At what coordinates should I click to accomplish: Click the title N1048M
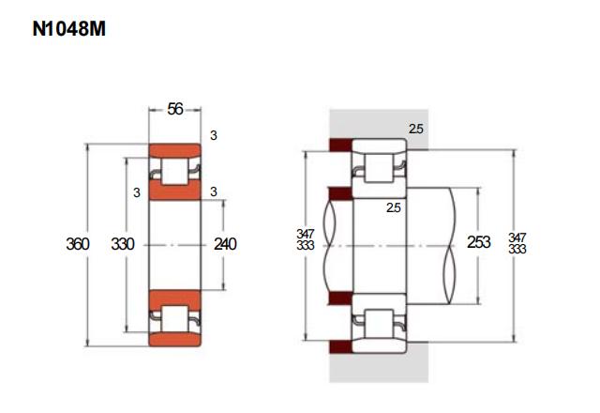[68, 29]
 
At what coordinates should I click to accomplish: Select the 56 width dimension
[175, 109]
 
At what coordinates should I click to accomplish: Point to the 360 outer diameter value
[78, 244]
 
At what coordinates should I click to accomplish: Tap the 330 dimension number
[123, 244]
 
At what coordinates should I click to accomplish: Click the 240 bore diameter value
[225, 244]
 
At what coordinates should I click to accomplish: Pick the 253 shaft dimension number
[479, 242]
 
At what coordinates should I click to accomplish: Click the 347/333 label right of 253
[517, 243]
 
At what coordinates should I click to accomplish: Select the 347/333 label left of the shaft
[306, 239]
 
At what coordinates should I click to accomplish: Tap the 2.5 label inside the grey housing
[416, 130]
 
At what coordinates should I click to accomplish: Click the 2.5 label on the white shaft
[394, 207]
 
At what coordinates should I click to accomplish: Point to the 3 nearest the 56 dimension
[214, 135]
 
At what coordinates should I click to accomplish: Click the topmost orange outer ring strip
[175, 150]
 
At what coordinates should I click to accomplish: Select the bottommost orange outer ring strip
[175, 340]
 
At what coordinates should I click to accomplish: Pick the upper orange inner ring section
[175, 191]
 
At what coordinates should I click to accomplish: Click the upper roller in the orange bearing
[175, 171]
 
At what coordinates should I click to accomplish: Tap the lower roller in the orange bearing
[175, 318]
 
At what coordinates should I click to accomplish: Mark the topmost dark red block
[340, 145]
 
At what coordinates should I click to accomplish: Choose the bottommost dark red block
[340, 347]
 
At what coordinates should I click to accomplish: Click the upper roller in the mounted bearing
[379, 168]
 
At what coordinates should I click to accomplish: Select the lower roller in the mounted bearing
[379, 324]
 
